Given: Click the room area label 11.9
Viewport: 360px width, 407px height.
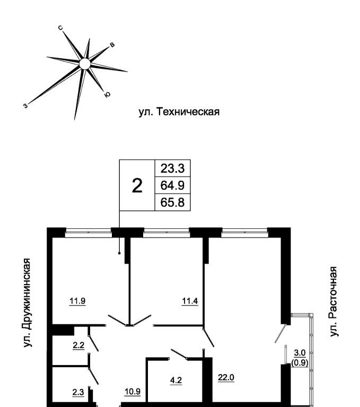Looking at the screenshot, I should pos(77,302).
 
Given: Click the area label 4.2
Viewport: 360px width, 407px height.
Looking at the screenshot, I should pos(176,380).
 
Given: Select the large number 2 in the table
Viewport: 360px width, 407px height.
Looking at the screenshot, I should pos(137,185).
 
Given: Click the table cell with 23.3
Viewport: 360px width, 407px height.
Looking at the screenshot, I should pos(172,169).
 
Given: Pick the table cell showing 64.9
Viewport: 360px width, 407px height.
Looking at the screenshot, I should pos(172,185).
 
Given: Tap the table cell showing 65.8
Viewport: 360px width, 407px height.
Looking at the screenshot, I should pos(172,202).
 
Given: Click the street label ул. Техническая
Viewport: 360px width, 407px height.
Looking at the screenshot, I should pos(179,112).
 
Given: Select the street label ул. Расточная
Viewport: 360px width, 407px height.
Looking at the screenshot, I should pos(333,301).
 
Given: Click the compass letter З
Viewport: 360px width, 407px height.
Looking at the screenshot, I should pos(25,105).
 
